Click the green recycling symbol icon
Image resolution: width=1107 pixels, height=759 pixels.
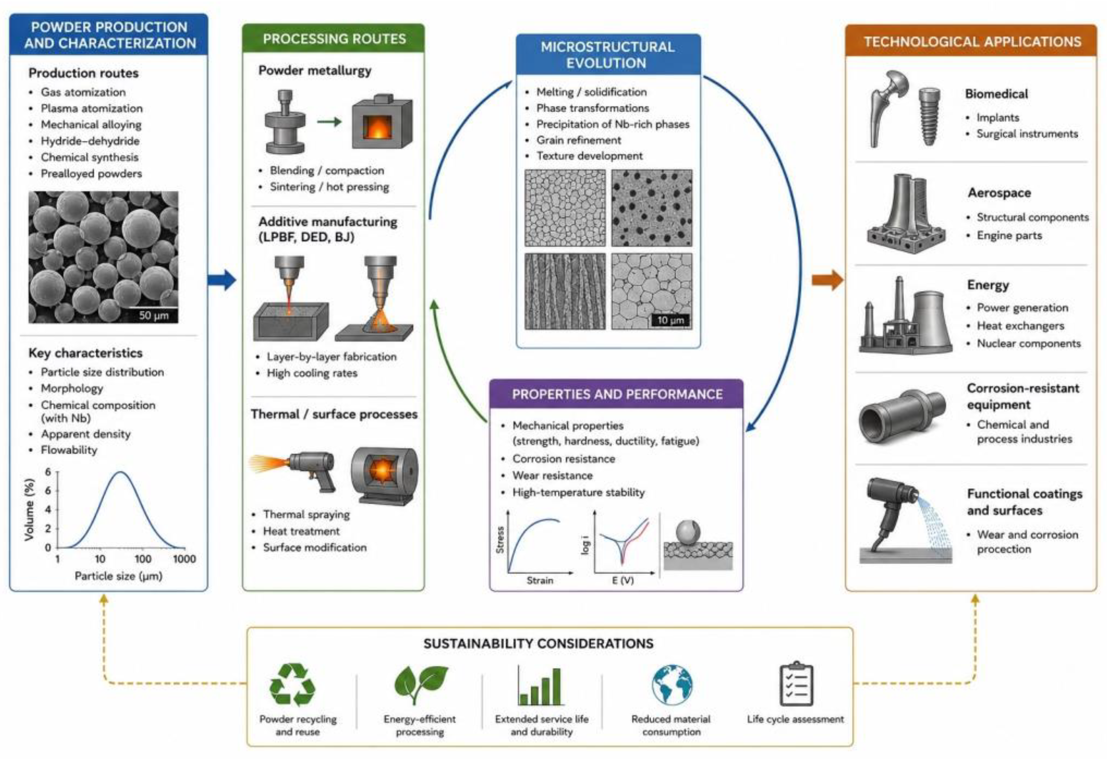tap(292, 685)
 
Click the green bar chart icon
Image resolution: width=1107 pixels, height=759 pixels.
tap(541, 686)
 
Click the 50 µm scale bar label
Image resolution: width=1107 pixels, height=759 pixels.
tap(154, 315)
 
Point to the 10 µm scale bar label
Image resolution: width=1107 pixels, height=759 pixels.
tap(670, 320)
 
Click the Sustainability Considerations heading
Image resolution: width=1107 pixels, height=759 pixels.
tap(538, 644)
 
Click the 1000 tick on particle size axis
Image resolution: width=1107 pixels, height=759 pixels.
tap(184, 558)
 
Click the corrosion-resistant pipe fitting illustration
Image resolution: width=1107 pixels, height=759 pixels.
tap(902, 417)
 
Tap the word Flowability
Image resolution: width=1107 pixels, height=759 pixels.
tap(69, 450)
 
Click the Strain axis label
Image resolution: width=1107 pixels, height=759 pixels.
tap(540, 580)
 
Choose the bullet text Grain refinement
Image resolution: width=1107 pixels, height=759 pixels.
tap(579, 140)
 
